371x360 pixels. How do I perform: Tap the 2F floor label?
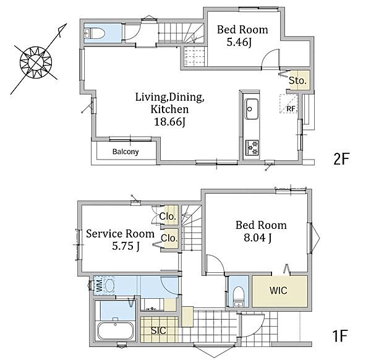click(x=341, y=159)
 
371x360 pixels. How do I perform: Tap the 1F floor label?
click(x=340, y=336)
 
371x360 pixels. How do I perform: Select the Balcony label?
click(x=126, y=152)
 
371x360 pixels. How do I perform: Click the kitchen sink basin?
click(x=251, y=109)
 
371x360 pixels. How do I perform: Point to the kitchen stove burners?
click(x=252, y=147)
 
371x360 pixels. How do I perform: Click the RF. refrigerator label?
click(x=291, y=109)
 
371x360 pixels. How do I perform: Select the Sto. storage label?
click(x=297, y=81)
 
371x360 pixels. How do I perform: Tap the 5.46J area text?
click(x=239, y=43)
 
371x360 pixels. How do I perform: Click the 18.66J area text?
click(x=169, y=122)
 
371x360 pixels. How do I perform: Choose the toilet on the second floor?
click(x=95, y=33)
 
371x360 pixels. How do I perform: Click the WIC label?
click(x=278, y=291)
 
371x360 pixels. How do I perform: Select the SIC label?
click(x=158, y=331)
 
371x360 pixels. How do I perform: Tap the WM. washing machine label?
click(x=100, y=285)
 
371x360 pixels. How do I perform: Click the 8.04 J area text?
click(x=258, y=238)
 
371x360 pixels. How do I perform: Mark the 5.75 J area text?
click(x=126, y=246)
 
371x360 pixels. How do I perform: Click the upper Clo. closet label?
click(x=168, y=216)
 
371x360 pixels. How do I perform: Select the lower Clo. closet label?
click(x=169, y=238)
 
